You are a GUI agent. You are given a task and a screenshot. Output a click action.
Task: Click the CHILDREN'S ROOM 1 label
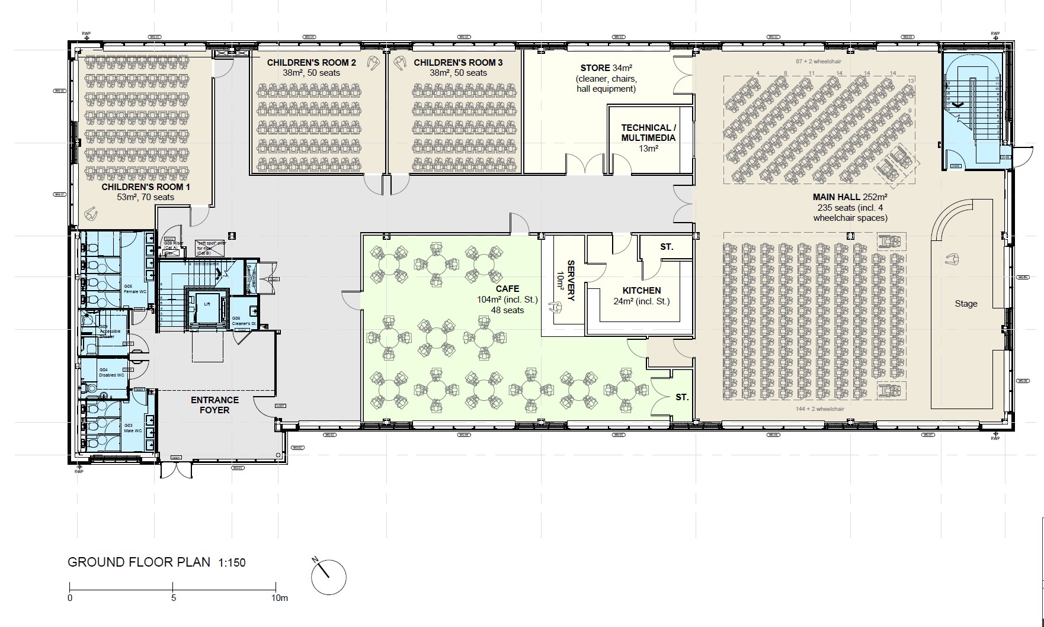pyautogui.click(x=145, y=187)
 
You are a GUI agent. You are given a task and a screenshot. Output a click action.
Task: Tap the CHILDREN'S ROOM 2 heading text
pyautogui.click(x=311, y=62)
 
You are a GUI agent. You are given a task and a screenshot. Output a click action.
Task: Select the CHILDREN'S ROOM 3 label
pyautogui.click(x=458, y=62)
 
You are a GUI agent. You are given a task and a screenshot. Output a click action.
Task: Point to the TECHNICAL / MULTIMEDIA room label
pyautogui.click(x=648, y=133)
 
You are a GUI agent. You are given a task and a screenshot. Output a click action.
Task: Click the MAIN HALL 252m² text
pyautogui.click(x=850, y=197)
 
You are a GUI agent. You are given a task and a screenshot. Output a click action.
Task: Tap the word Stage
pyautogui.click(x=966, y=304)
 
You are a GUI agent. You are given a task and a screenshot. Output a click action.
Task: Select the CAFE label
pyautogui.click(x=507, y=289)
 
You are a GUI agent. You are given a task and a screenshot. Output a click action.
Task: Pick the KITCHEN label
pyautogui.click(x=642, y=291)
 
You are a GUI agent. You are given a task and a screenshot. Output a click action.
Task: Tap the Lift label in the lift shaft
pyautogui.click(x=207, y=304)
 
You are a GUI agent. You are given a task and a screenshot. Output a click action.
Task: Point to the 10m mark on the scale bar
pyautogui.click(x=279, y=598)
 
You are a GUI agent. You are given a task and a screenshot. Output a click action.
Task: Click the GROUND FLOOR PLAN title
pyautogui.click(x=139, y=562)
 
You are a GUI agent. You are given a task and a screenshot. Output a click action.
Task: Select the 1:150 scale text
pyautogui.click(x=232, y=562)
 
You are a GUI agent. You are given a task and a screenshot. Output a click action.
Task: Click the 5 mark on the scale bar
pyautogui.click(x=173, y=598)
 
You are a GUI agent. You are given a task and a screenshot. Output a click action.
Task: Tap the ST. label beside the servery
pyautogui.click(x=667, y=247)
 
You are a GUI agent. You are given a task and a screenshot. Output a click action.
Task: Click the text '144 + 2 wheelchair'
pyautogui.click(x=820, y=409)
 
